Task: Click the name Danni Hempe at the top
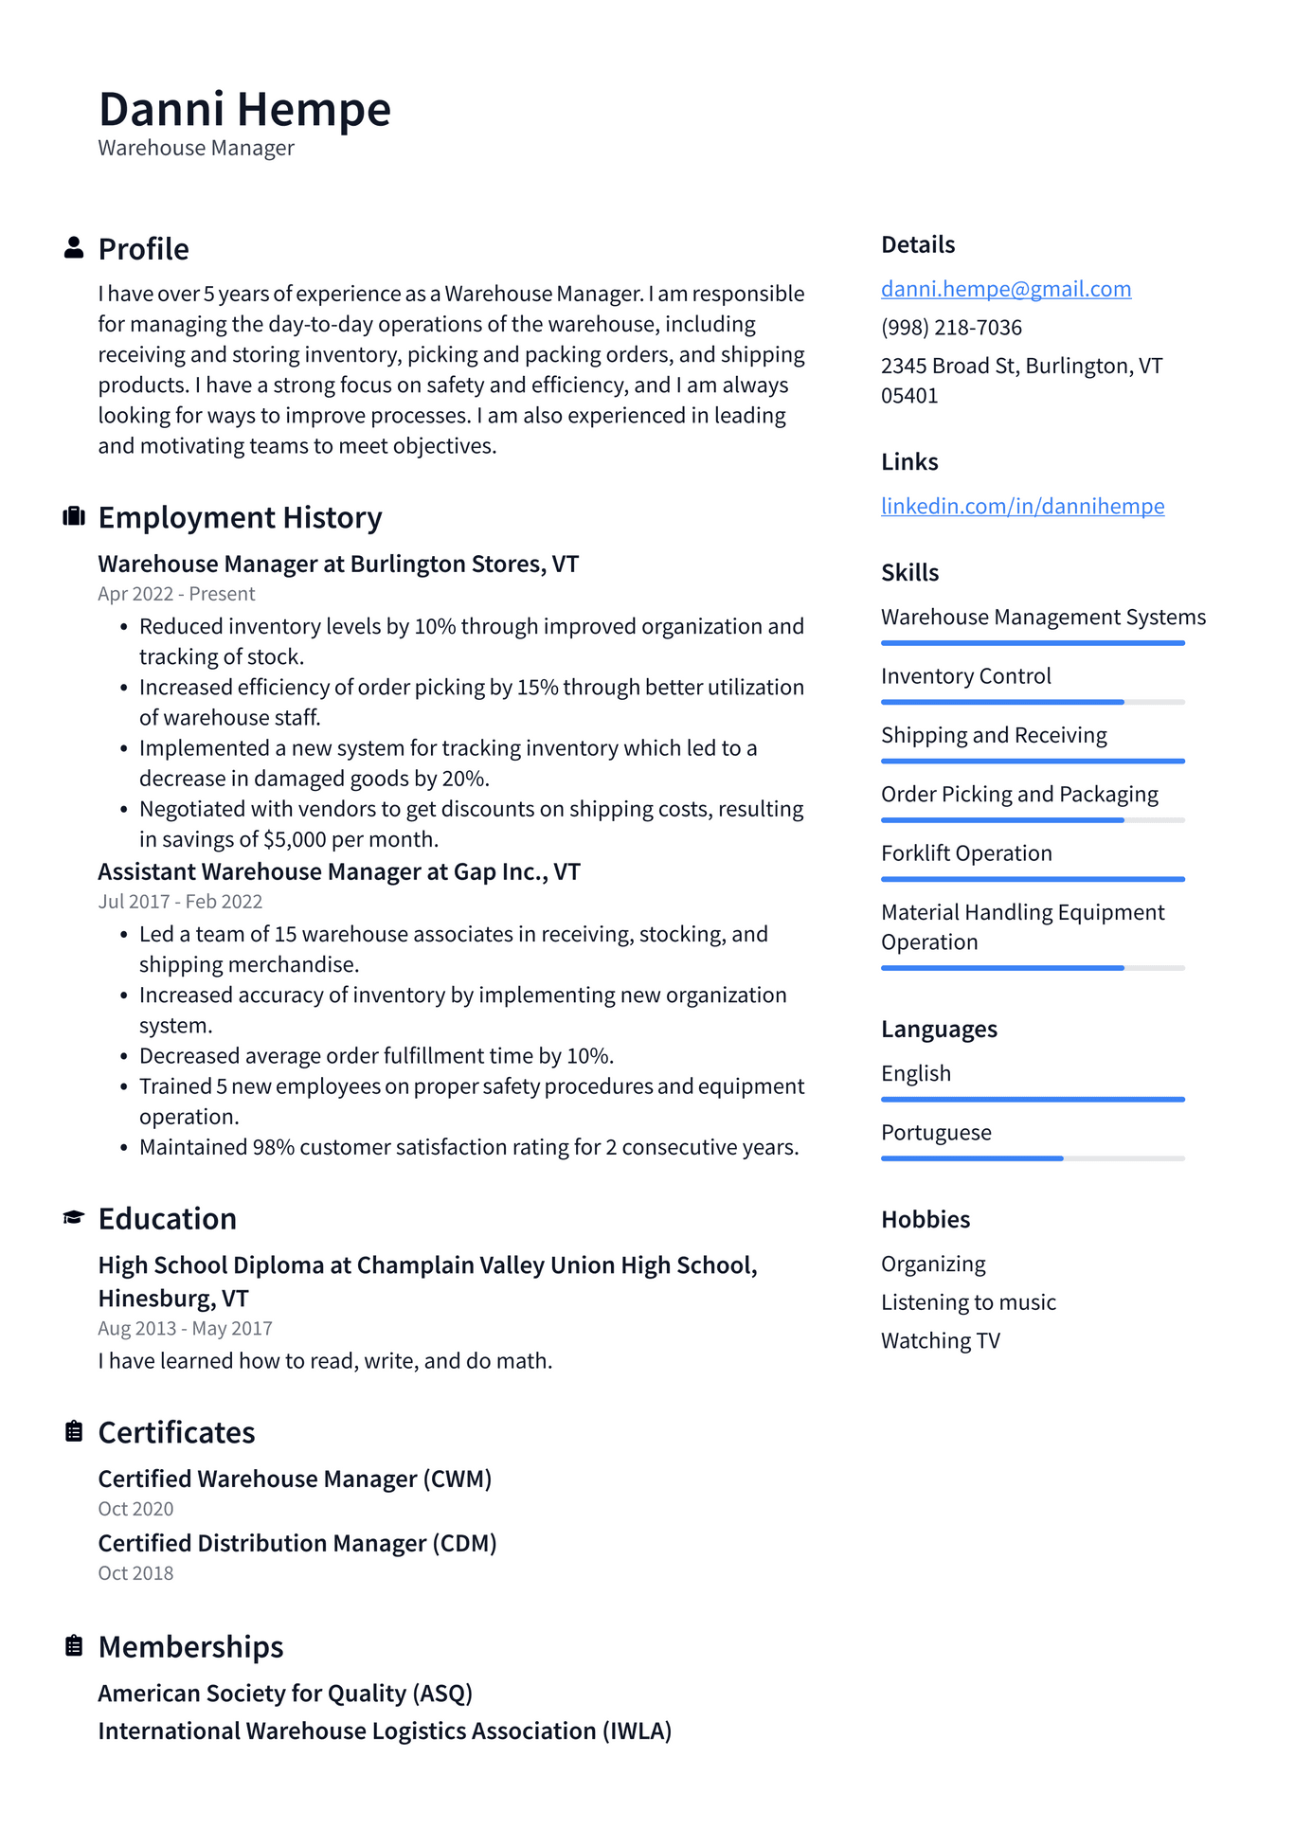244,109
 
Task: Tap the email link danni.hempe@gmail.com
1005,289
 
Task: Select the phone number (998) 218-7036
951,328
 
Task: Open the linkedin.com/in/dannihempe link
1022,506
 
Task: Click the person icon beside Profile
74,248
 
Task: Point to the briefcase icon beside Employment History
74,517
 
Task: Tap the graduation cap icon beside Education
74,1218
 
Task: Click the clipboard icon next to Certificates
74,1432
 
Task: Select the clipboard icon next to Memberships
74,1646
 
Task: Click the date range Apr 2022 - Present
176,594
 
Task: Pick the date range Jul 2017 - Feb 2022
180,902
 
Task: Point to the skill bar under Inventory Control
1032,702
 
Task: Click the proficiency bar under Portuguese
1032,1158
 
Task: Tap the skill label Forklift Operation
966,853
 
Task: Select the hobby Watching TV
940,1341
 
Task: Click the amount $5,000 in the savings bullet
295,839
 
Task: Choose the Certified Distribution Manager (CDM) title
297,1543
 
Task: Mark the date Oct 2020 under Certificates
135,1509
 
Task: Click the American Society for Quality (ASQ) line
285,1693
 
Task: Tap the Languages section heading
939,1029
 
